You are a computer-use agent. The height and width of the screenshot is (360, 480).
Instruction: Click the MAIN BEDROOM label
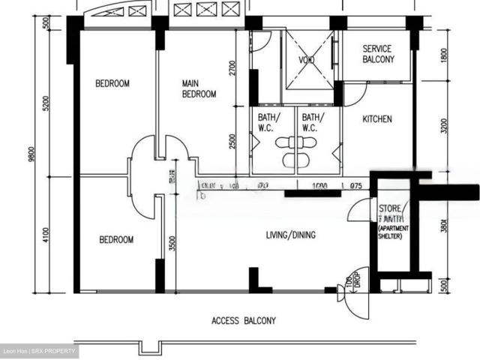[x=199, y=88]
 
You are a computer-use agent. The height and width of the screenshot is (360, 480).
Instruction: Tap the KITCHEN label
[x=377, y=119]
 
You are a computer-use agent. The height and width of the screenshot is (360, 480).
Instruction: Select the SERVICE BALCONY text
[x=377, y=53]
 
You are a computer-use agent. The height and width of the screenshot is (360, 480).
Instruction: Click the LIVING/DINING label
[x=290, y=235]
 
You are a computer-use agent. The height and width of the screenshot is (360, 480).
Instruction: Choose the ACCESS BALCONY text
[x=244, y=320]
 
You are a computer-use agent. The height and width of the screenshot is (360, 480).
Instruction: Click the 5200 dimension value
[x=47, y=103]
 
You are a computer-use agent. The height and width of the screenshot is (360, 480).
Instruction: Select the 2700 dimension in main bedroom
[x=233, y=70]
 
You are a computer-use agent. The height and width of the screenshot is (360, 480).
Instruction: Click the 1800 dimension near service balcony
[x=445, y=57]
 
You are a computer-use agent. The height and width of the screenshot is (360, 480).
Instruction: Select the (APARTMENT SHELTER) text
[x=391, y=232]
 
